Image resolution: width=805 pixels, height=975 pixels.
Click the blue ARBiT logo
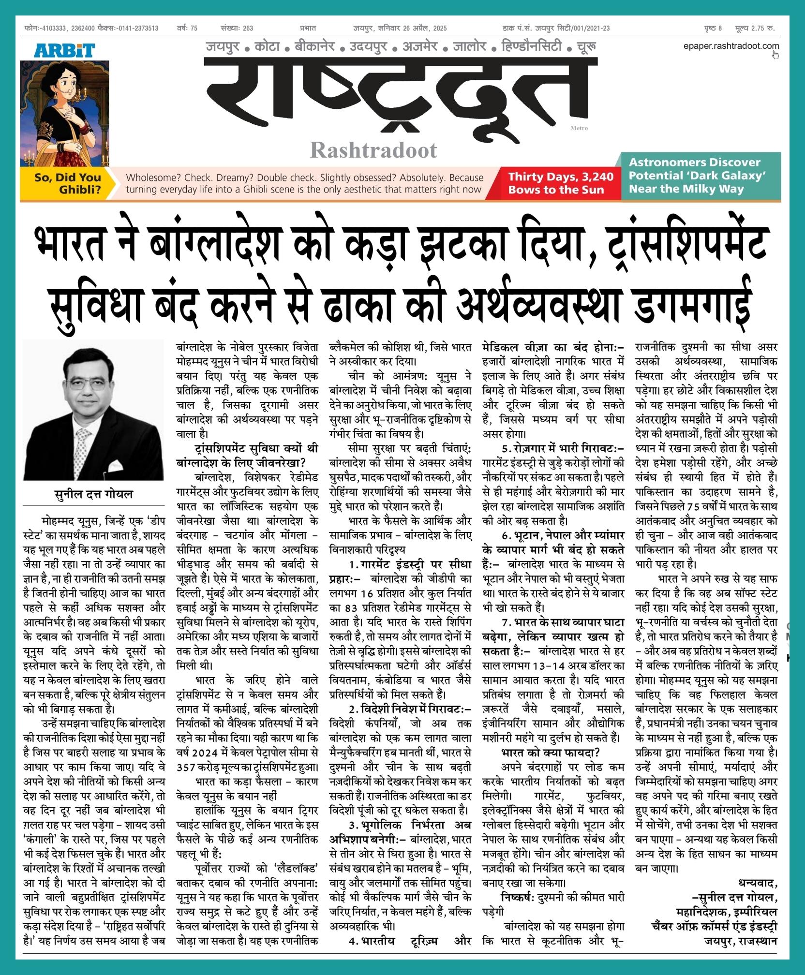coord(64,51)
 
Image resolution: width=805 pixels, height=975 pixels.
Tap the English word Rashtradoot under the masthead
coord(373,150)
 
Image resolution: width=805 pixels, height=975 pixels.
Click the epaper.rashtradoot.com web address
coord(730,46)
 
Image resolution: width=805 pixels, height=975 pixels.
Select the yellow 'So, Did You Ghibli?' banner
coord(67,183)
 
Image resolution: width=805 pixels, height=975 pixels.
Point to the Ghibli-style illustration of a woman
coord(64,113)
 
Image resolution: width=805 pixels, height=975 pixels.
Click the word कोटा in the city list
coord(267,47)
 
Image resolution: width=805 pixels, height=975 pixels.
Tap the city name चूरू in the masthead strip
coord(586,47)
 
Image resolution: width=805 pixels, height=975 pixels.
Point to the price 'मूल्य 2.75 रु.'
coord(755,29)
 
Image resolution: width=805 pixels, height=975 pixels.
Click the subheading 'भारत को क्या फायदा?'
coord(551,753)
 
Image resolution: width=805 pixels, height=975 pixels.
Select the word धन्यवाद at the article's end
coord(757,884)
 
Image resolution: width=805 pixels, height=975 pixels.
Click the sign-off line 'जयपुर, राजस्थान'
coord(740,941)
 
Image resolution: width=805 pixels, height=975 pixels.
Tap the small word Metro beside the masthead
coord(579,128)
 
